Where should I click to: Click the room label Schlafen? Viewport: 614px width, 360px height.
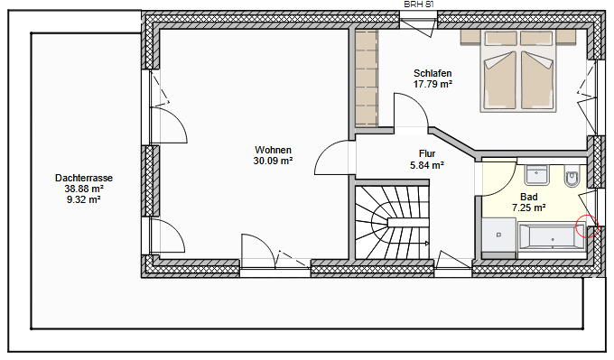(x=433, y=73)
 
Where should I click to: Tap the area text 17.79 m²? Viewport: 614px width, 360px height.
(x=433, y=84)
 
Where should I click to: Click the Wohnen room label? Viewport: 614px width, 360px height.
(x=273, y=150)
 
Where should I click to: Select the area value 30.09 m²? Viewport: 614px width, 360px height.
(x=273, y=162)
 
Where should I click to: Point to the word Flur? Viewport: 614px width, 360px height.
(x=427, y=153)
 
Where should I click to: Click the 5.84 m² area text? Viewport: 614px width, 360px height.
(x=427, y=165)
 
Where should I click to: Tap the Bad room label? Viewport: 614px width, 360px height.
(x=529, y=196)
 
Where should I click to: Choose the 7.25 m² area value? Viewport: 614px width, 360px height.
(x=529, y=208)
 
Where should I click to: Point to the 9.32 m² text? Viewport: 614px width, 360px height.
(x=83, y=200)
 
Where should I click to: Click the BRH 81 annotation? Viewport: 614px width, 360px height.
(x=418, y=5)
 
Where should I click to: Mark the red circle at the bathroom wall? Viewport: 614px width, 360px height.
(x=587, y=226)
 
